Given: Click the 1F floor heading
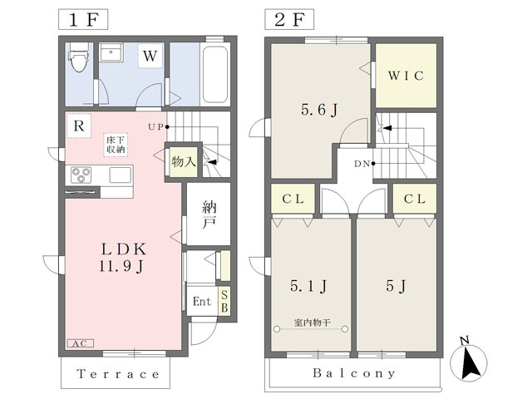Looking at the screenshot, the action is (x=83, y=20).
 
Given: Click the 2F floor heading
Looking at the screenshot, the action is (x=289, y=20).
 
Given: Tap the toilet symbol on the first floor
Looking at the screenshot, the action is (x=80, y=57).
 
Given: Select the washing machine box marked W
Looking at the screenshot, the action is (x=150, y=56).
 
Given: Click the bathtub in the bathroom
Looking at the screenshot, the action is (x=215, y=74).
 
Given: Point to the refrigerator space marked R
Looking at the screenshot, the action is (x=79, y=126).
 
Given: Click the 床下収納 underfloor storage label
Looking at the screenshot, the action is (x=116, y=145).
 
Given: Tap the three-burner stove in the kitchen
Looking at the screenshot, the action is (x=81, y=175).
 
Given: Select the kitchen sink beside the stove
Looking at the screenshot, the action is (x=120, y=175).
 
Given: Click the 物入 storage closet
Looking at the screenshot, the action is (x=184, y=162).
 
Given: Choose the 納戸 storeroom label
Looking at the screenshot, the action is (x=209, y=214).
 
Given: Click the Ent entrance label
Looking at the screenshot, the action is (x=201, y=301).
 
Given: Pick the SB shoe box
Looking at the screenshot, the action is (x=224, y=301).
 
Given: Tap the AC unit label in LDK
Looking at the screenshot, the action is (x=80, y=343).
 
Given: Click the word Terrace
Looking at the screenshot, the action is (x=118, y=374).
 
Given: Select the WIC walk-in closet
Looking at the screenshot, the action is (x=406, y=76).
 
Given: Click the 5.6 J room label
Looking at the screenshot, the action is (x=319, y=110).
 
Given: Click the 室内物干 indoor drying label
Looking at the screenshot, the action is (x=312, y=323).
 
